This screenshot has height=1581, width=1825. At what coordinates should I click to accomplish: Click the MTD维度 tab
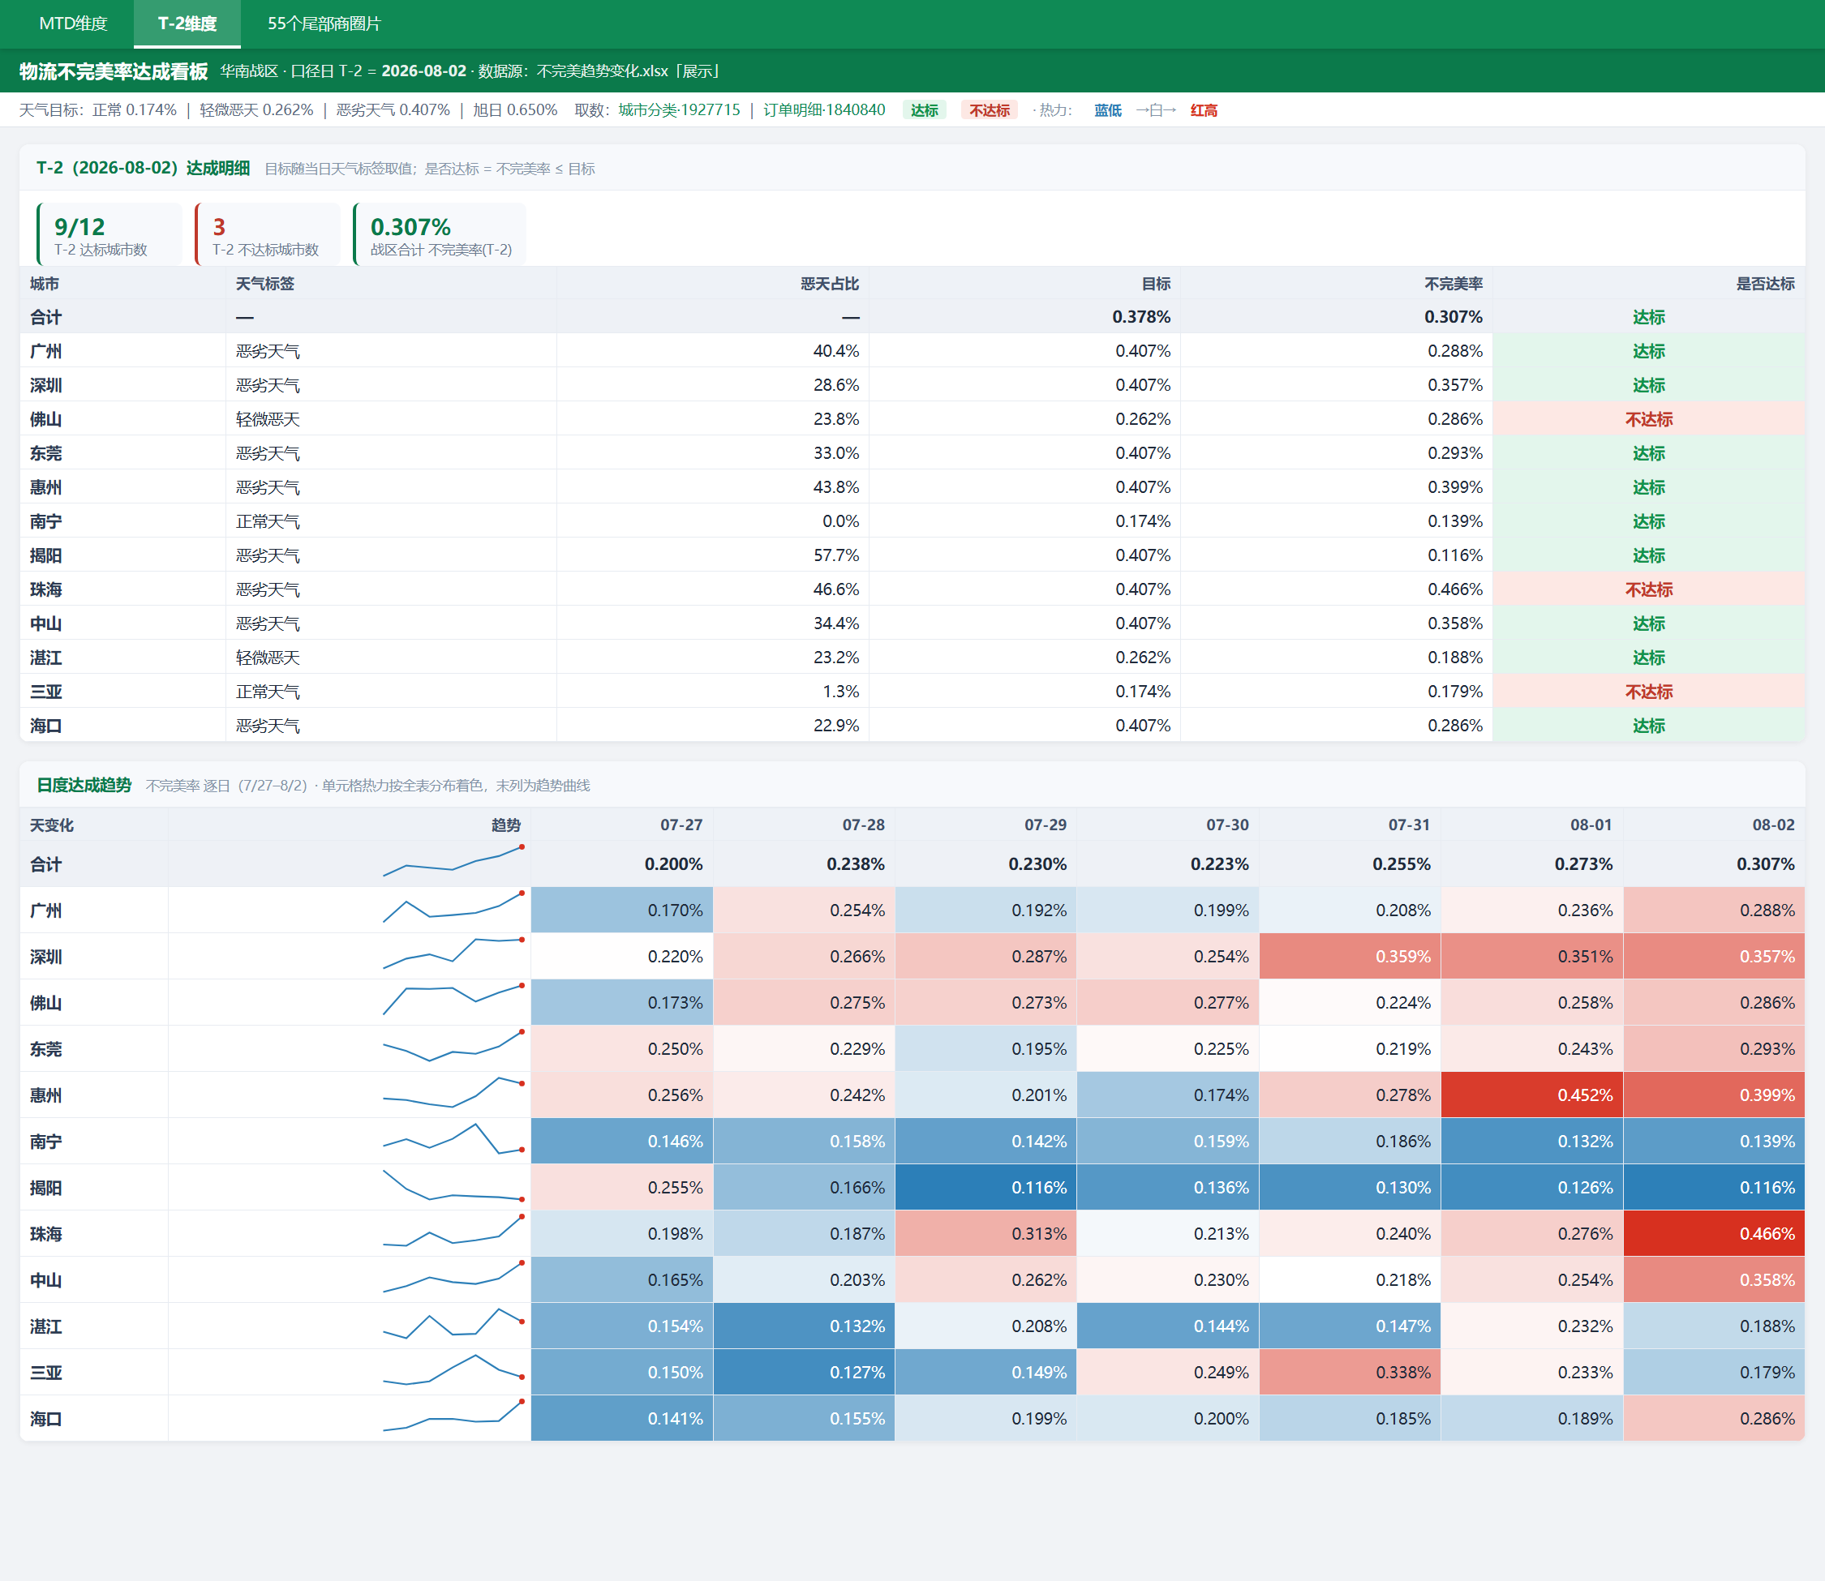73,24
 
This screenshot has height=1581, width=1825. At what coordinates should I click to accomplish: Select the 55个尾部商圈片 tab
324,24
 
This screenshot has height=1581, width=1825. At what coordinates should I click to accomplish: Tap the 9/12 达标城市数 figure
79,227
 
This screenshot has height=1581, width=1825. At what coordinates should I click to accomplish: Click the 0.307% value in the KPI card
410,227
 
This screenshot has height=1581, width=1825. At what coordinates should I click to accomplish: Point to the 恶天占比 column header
830,283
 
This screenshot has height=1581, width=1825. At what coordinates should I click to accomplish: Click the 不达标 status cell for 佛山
1648,419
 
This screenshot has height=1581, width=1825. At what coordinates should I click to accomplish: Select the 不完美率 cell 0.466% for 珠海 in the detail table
1454,589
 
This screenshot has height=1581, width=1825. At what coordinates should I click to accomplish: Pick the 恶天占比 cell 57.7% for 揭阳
835,555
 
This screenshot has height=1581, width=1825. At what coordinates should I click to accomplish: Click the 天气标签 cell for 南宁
268,521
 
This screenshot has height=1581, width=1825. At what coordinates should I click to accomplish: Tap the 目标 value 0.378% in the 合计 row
1141,317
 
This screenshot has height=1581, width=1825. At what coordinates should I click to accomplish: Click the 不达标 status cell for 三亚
1648,692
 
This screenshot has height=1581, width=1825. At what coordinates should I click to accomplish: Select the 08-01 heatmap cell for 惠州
1532,1095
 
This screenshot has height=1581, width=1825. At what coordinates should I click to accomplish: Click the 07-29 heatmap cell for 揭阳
985,1188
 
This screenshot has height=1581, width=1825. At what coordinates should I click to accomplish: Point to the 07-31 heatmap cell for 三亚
1350,1372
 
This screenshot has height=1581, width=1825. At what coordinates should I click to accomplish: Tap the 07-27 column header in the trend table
681,825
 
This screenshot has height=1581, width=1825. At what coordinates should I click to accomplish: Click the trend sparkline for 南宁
453,1139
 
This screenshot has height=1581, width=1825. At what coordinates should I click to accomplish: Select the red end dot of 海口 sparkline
522,1401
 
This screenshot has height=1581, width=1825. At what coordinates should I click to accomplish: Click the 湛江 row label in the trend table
46,1326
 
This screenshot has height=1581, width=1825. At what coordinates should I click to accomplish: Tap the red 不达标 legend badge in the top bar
990,110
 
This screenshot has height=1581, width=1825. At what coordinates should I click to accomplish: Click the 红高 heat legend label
1204,110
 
